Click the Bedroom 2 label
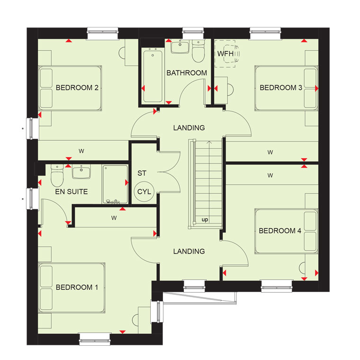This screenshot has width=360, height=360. pos(77,88)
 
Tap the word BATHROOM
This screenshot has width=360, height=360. pos(187,73)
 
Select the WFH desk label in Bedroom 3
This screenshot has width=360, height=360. pos(225,54)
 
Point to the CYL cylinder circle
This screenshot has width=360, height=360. pos(144,191)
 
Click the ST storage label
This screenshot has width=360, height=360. pos(142,173)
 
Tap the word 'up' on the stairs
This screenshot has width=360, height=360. pos(205,220)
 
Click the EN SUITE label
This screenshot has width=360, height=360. pos(72,192)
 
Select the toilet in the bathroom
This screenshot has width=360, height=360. pos(198,52)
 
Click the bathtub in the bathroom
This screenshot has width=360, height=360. pos(153,76)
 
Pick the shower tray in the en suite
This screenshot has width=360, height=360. pos(115,184)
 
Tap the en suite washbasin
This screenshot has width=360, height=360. pos(81,171)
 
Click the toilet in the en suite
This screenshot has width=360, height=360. pos(57,176)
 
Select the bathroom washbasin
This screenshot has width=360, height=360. pos(180,46)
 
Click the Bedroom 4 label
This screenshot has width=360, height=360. pos(280,231)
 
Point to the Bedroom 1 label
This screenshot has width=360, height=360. pos(77,287)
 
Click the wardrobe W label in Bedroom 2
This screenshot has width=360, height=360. pos(81,151)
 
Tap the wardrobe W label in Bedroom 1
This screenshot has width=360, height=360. pos(114,218)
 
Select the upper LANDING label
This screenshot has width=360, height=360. pos(189,128)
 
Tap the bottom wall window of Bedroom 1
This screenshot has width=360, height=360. pos(95,339)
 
